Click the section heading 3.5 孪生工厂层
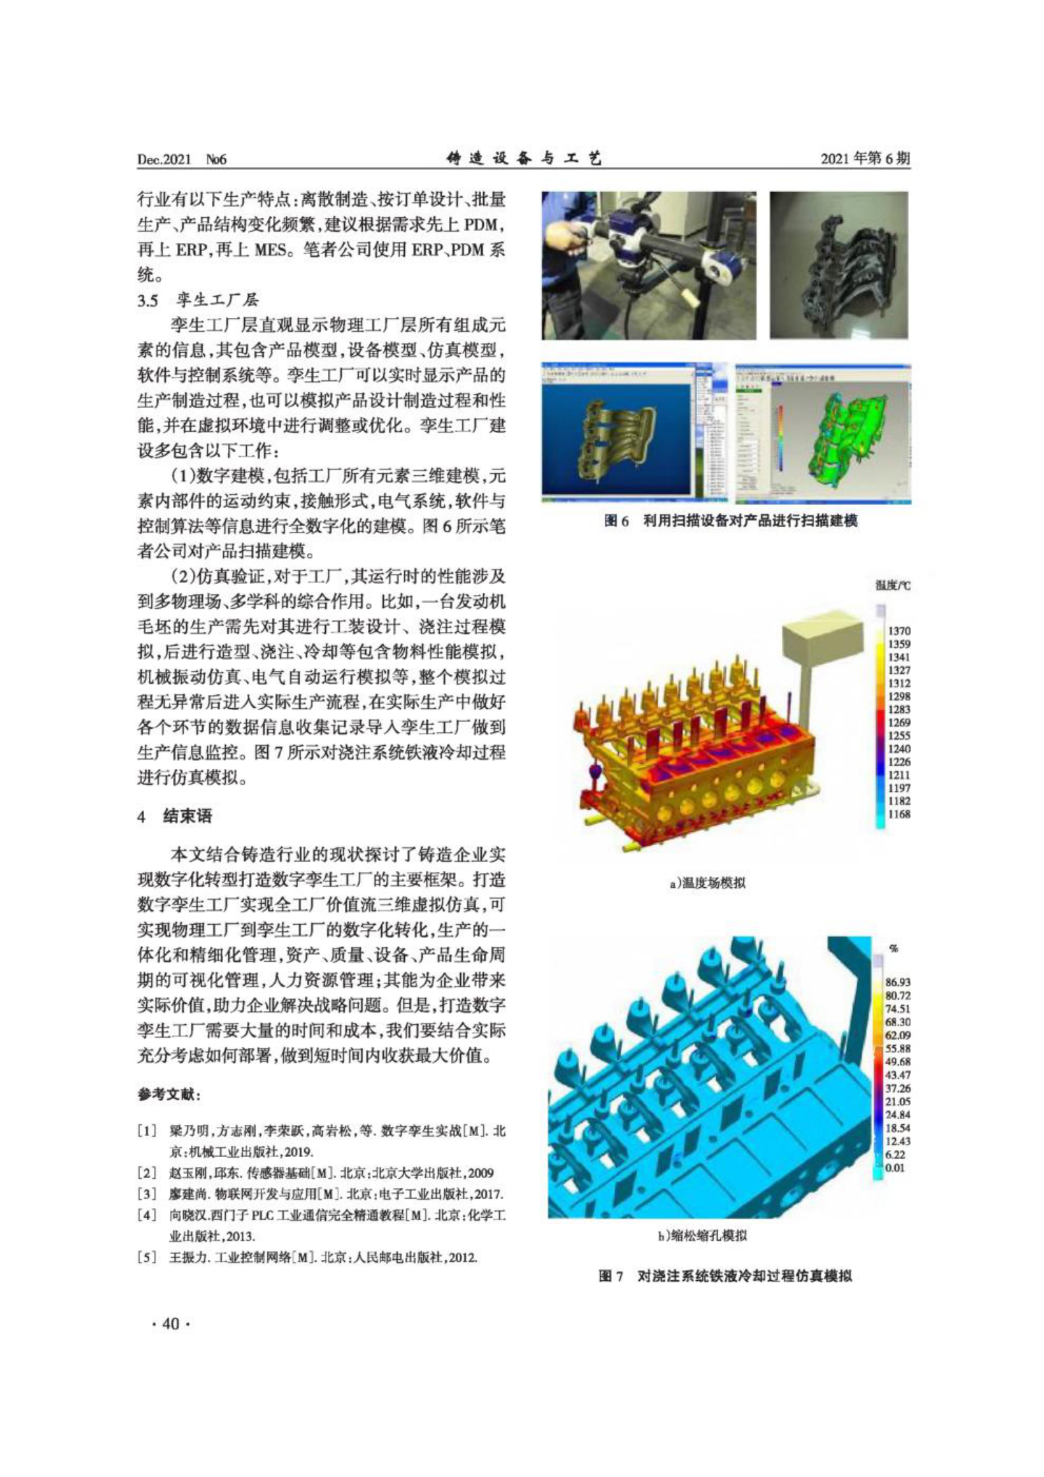pyautogui.click(x=197, y=300)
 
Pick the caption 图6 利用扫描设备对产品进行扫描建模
pyautogui.click(x=731, y=521)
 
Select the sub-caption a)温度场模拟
pyautogui.click(x=708, y=883)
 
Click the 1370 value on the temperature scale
pyautogui.click(x=899, y=631)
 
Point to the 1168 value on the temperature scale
pyautogui.click(x=899, y=814)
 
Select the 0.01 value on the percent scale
pyautogui.click(x=896, y=1167)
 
